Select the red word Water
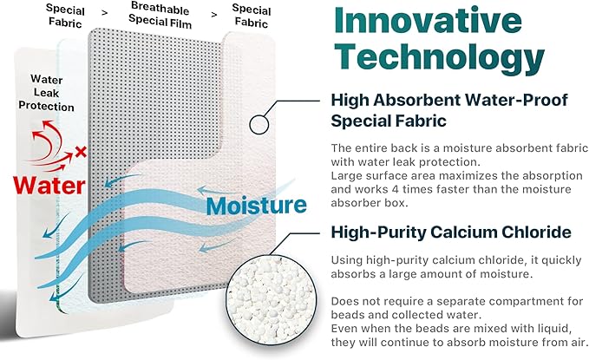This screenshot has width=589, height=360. click(48, 185)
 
